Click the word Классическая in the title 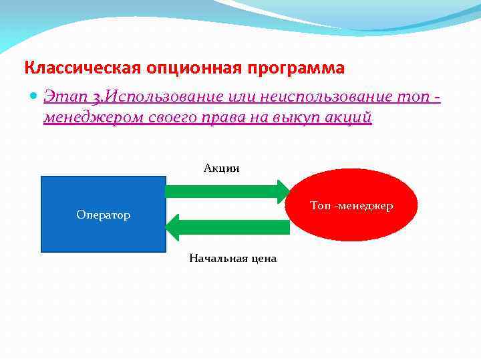click(79, 68)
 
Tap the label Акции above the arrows click(222, 168)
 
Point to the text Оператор click(104, 215)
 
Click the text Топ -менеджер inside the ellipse click(351, 206)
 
